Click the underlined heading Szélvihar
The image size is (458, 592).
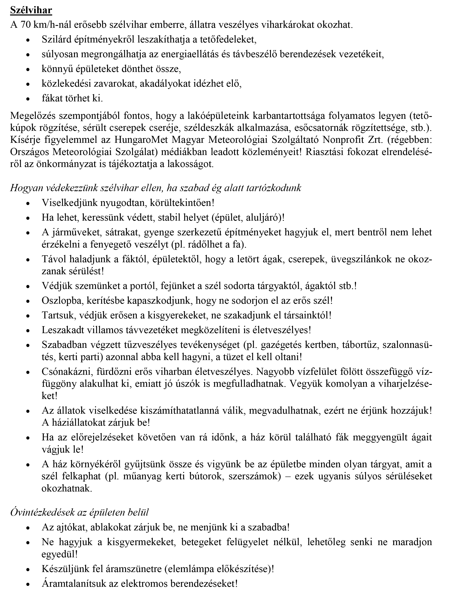31,11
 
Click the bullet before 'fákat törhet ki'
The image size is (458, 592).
28,98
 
